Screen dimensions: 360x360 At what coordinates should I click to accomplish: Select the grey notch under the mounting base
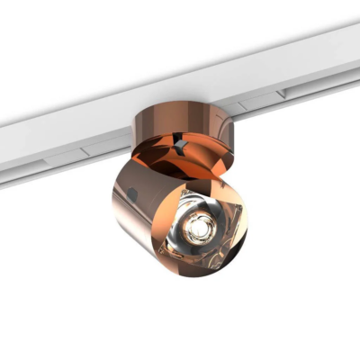coord(183,143)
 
